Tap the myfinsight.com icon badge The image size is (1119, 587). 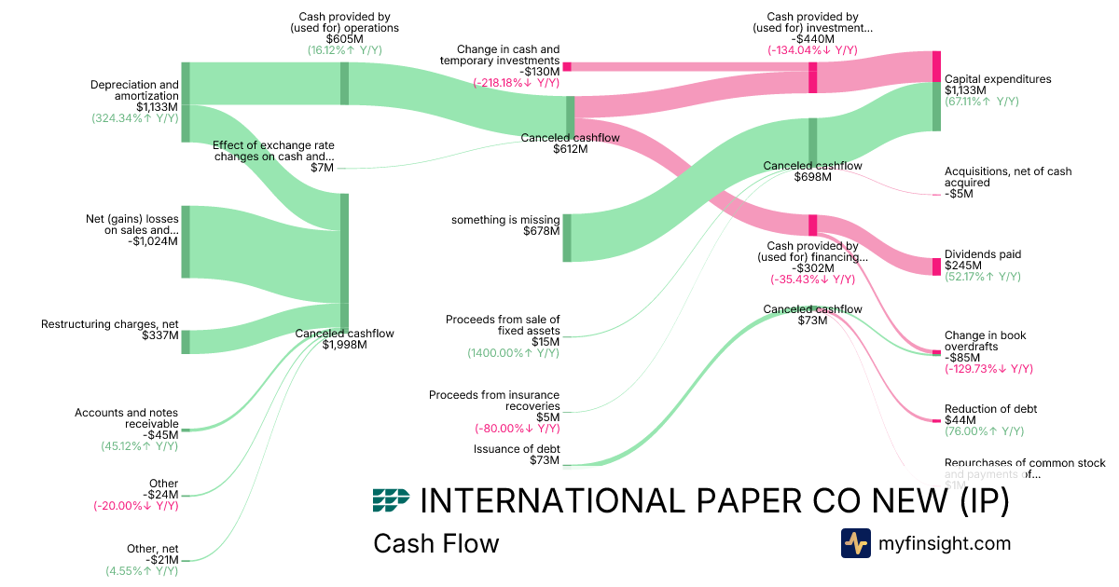coord(855,543)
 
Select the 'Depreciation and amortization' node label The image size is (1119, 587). coord(134,90)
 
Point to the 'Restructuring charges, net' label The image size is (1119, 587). coord(109,324)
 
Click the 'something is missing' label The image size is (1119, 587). coord(505,220)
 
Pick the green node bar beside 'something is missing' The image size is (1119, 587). coord(567,238)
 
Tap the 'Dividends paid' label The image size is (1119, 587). coord(982,254)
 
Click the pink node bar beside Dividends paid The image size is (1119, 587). coord(936,266)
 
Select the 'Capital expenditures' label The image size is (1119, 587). coord(997,79)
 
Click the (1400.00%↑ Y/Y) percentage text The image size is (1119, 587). coord(514,353)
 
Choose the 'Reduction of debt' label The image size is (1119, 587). coord(990,409)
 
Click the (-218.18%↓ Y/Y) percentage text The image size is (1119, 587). coord(517,83)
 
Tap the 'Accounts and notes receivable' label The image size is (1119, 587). coord(127,418)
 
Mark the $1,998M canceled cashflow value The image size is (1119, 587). coord(344,345)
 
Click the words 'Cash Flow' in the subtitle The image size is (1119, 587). coord(435,543)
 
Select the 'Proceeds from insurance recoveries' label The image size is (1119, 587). coord(494,401)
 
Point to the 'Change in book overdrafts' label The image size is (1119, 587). coord(984,341)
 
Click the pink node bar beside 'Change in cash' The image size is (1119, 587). coord(567,67)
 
